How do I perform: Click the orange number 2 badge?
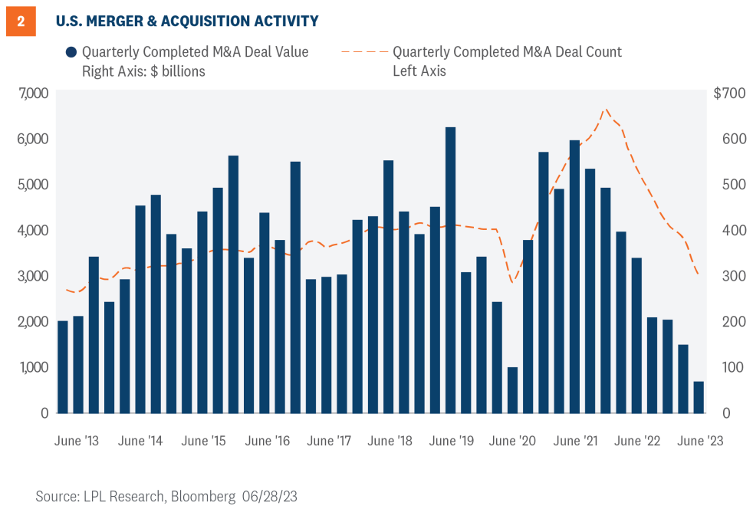coord(20,21)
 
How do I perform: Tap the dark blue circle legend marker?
coord(71,53)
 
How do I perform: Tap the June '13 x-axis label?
coord(77,442)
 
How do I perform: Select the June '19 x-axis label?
coord(450,442)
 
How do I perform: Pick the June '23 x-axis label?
coord(699,442)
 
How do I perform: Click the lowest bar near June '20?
coord(512,390)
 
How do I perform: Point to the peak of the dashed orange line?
coord(606,109)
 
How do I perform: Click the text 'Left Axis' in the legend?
coord(419,71)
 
